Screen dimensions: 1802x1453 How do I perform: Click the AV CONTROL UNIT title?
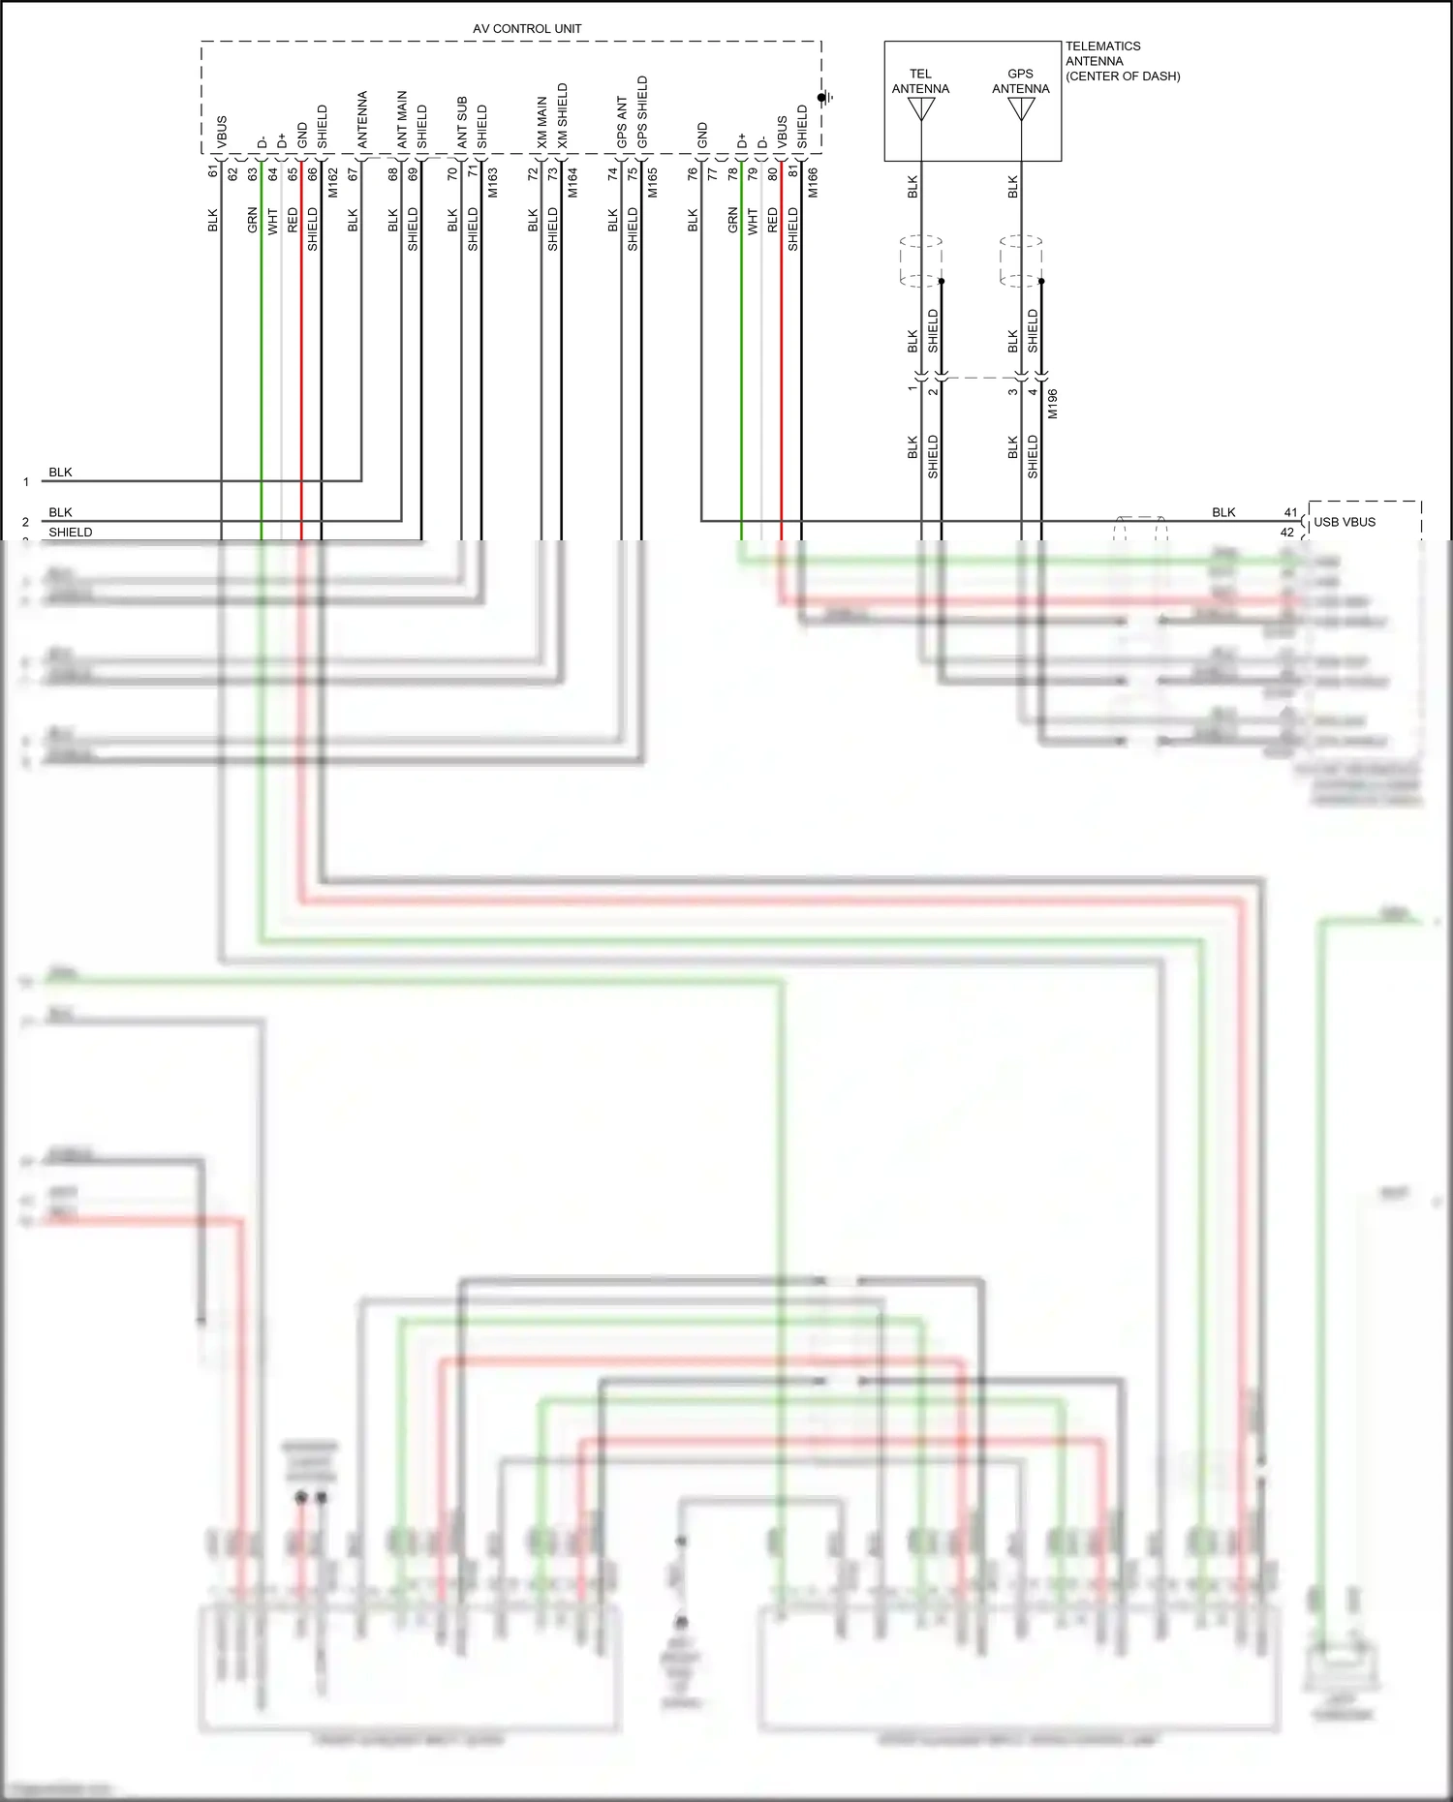click(x=527, y=29)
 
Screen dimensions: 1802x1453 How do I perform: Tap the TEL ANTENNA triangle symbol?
click(x=921, y=109)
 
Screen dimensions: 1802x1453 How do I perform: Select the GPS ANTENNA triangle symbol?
click(x=1021, y=109)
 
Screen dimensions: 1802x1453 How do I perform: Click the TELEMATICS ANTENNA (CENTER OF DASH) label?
click(x=1122, y=61)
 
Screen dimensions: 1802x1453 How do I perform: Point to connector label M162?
click(x=333, y=182)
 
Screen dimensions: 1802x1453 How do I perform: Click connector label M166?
click(x=813, y=182)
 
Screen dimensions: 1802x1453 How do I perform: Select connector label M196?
click(x=1053, y=403)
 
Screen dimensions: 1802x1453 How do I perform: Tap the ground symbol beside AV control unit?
click(x=825, y=98)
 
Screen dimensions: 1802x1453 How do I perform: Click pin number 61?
click(x=213, y=171)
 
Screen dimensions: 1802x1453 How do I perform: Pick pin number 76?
click(x=693, y=173)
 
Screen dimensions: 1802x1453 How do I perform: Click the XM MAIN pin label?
click(x=542, y=122)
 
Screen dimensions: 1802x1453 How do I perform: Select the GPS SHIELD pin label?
click(x=642, y=111)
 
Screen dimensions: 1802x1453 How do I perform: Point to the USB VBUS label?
click(x=1345, y=522)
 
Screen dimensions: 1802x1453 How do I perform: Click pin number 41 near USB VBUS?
click(x=1290, y=512)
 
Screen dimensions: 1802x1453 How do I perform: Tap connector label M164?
click(x=572, y=182)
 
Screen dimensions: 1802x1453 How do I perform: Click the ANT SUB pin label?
click(x=462, y=122)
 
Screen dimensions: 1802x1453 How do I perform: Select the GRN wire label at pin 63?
click(x=253, y=220)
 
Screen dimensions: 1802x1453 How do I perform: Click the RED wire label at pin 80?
click(x=773, y=220)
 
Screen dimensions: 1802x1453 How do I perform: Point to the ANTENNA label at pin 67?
click(x=362, y=119)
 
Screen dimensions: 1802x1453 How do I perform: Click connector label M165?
click(x=653, y=182)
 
